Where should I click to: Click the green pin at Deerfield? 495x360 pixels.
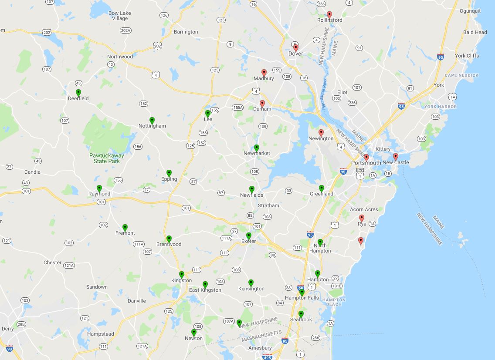pos(78,93)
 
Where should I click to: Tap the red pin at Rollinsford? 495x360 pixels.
pos(329,14)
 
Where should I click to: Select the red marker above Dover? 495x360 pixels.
pos(296,47)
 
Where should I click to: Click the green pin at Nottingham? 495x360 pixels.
pos(152,120)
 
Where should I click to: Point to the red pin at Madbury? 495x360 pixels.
pos(264,73)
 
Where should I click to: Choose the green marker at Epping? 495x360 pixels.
pos(169,173)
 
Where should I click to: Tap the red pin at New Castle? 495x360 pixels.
pos(396,157)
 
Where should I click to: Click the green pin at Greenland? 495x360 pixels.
pos(322,188)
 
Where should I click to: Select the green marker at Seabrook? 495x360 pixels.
pos(301,314)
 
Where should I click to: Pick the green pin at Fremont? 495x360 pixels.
pos(125,227)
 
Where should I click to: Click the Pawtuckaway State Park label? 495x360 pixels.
pos(107,158)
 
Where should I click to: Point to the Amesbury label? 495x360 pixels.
pos(260,348)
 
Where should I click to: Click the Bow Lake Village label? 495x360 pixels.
pos(119,16)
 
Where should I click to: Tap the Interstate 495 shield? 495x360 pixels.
pos(268,357)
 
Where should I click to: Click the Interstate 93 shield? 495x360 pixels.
pos(10,348)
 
